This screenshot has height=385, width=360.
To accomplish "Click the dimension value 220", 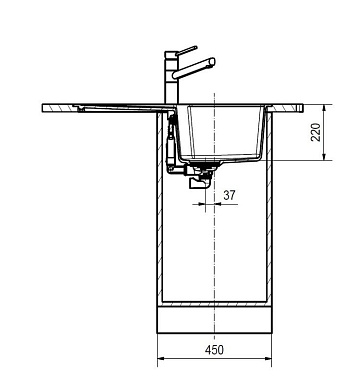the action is coord(315,132).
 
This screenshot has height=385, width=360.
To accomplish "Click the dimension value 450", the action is coord(214,350).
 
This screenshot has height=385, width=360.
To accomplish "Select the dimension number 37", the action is coord(229,195).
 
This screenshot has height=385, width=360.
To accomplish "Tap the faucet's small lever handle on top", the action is coord(186,50).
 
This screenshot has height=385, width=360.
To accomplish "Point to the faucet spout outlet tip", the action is coord(212,62).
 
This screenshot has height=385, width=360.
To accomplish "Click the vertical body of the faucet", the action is coord(172,77).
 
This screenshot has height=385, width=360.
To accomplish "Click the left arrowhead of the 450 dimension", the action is coord(161,359).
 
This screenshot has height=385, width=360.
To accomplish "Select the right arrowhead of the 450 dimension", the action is coord(268,359).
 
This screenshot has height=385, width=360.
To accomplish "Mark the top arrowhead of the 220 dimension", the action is coord(324,108).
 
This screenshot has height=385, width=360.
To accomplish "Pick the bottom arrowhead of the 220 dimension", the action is coord(324,156).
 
